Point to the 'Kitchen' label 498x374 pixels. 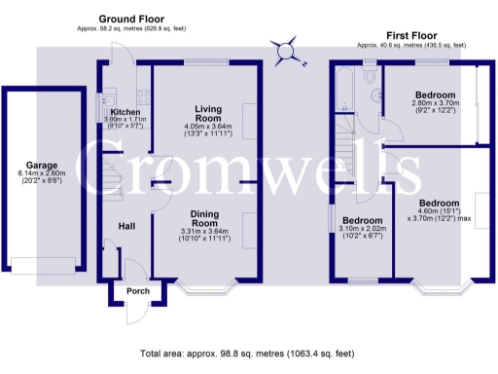click(x=124, y=113)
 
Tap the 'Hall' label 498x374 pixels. click(x=126, y=226)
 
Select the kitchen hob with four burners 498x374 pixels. click(x=144, y=97)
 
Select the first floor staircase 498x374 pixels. click(x=345, y=136)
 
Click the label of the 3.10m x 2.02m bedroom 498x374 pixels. click(x=360, y=220)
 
